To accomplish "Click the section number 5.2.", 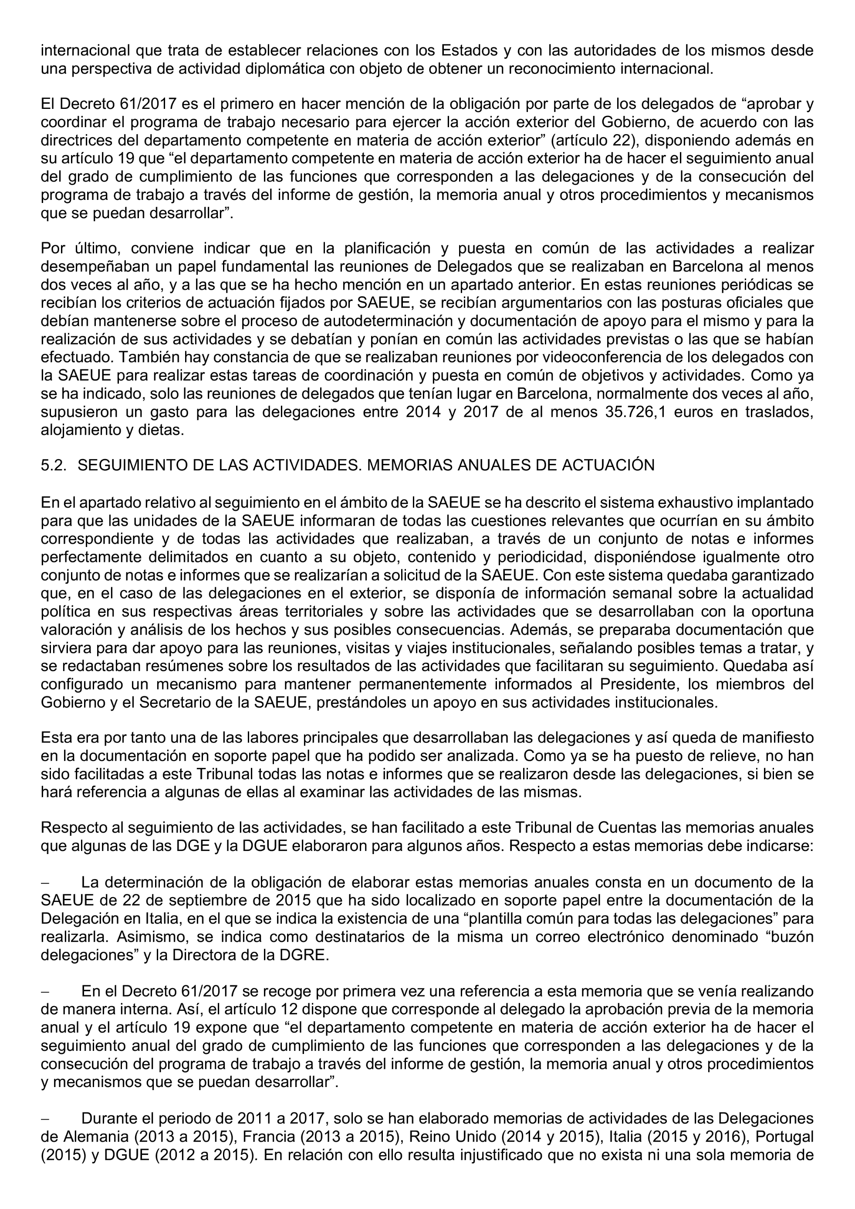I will click(53, 466).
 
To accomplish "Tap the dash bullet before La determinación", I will click(45, 882).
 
